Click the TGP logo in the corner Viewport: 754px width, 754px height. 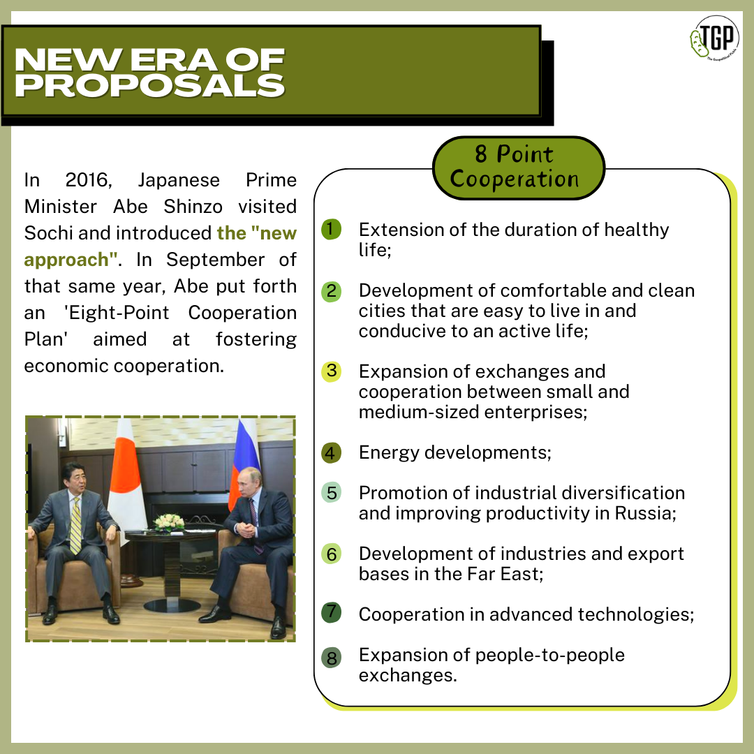point(714,38)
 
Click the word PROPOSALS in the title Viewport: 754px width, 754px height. point(149,86)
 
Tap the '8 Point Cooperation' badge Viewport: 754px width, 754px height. point(518,168)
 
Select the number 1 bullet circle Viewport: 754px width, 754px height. point(332,230)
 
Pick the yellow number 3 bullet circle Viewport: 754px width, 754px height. point(332,371)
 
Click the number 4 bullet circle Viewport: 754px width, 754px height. point(332,452)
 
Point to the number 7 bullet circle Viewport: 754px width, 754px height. point(332,613)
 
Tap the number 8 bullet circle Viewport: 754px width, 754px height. point(332,658)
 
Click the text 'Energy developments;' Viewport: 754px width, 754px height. point(455,453)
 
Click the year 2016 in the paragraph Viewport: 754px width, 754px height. point(89,180)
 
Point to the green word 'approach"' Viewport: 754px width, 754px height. point(71,260)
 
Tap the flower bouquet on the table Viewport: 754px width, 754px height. point(168,522)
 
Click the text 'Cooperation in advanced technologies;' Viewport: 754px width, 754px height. point(526,614)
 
